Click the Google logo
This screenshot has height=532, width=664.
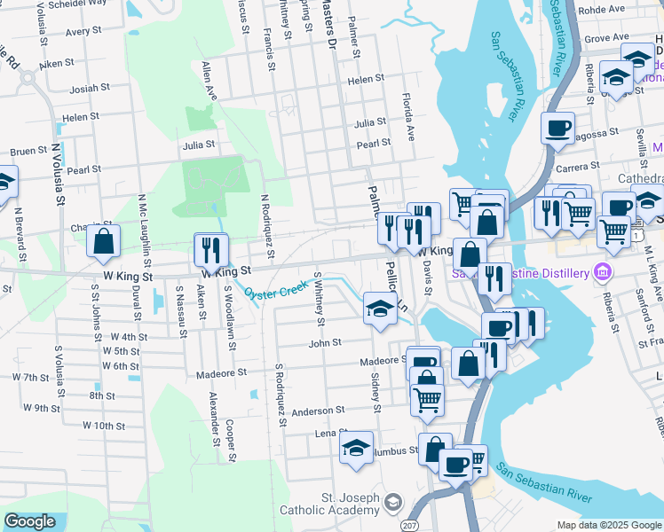(x=29, y=521)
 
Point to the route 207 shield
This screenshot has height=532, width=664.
(x=409, y=526)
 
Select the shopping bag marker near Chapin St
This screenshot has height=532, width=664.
(x=103, y=239)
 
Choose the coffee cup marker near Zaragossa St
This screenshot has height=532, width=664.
(x=557, y=129)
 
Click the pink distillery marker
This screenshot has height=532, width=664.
(x=604, y=270)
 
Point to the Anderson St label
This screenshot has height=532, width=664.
(x=318, y=411)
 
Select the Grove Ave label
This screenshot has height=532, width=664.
(x=606, y=38)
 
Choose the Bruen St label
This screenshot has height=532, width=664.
(x=28, y=151)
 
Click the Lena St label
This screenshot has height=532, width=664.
(x=329, y=434)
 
